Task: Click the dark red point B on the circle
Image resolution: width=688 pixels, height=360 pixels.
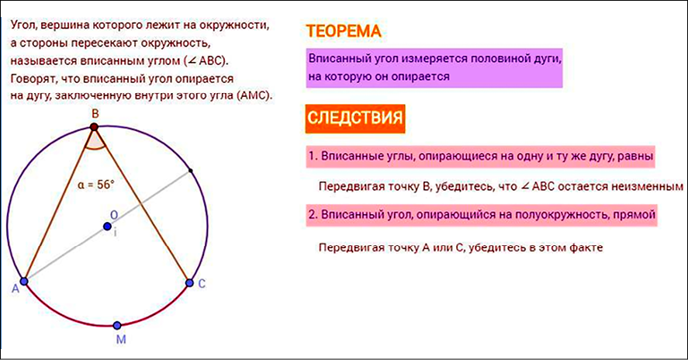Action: (x=94, y=127)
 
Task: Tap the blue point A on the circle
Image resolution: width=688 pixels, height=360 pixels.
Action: (x=24, y=281)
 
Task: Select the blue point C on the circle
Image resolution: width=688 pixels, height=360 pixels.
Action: (x=189, y=283)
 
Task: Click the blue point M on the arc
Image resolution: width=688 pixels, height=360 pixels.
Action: (x=116, y=325)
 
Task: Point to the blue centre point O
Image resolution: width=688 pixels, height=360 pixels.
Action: (x=107, y=227)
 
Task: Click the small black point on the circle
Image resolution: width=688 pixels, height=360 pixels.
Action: (x=190, y=171)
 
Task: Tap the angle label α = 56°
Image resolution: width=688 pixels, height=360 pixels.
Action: (x=95, y=185)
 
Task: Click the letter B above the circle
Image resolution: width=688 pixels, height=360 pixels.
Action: (x=95, y=114)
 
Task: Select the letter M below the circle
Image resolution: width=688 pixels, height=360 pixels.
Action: (x=121, y=339)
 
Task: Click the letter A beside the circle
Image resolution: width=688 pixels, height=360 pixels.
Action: (x=16, y=289)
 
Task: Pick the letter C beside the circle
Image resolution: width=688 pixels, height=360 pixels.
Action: (x=202, y=284)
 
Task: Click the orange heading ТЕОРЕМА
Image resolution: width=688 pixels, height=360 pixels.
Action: (x=343, y=31)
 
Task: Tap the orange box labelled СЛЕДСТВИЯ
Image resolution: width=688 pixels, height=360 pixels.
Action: (x=355, y=118)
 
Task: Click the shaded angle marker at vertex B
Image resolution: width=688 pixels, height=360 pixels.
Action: (x=95, y=141)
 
